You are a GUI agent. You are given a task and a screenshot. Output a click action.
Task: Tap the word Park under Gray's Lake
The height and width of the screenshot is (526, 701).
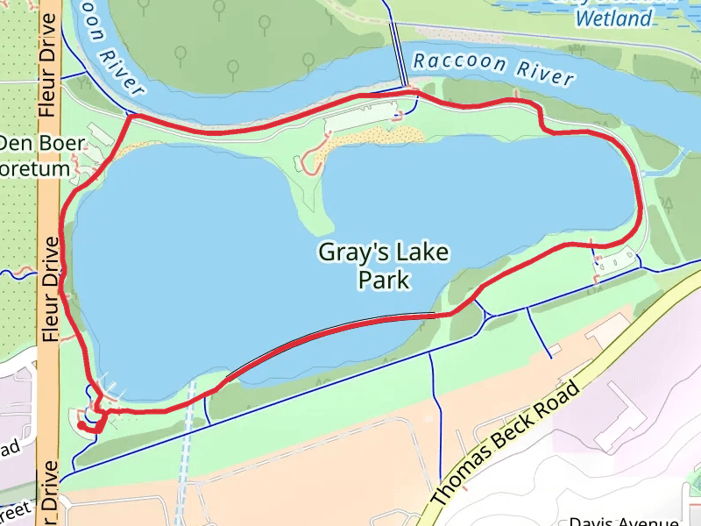coord(384,281)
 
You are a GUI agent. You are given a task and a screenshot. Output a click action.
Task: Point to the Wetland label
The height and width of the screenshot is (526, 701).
coord(614,18)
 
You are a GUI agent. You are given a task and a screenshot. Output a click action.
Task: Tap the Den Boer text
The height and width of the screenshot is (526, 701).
coord(42,143)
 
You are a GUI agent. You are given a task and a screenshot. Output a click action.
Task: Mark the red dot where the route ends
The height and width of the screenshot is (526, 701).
coord(81,425)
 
